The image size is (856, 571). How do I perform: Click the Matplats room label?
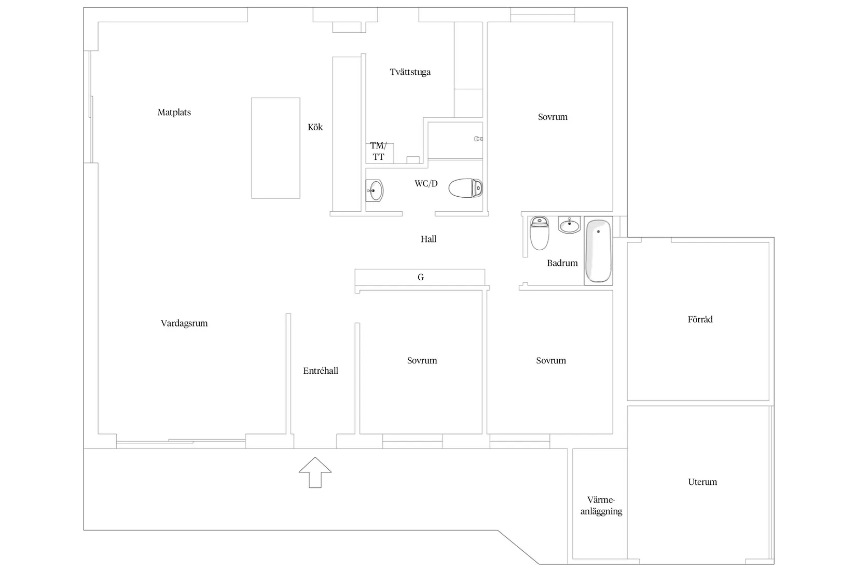pos(174,113)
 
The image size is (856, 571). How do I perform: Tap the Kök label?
pos(315,127)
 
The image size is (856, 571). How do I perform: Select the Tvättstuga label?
pos(410,72)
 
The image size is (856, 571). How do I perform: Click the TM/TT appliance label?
pos(378,151)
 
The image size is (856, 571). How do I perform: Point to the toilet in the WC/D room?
pos(465,188)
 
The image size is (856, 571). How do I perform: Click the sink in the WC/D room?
pos(375,191)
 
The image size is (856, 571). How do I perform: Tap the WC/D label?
pos(426,184)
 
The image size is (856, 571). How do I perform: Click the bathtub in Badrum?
pos(598,251)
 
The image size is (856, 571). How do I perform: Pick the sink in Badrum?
pos(569,225)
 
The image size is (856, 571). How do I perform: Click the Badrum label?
pos(562,263)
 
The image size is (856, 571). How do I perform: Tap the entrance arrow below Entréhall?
pos(315,472)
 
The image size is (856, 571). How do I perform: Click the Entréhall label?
pos(321,371)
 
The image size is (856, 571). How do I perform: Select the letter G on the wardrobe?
pos(421,278)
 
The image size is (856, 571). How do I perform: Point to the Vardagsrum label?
pos(184,323)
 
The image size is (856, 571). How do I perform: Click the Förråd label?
pos(700,320)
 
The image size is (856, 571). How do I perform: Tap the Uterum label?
pos(702,482)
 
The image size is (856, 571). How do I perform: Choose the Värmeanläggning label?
pos(601,506)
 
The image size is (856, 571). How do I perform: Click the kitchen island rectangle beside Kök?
pos(275,148)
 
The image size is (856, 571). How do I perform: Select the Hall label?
pos(429,239)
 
